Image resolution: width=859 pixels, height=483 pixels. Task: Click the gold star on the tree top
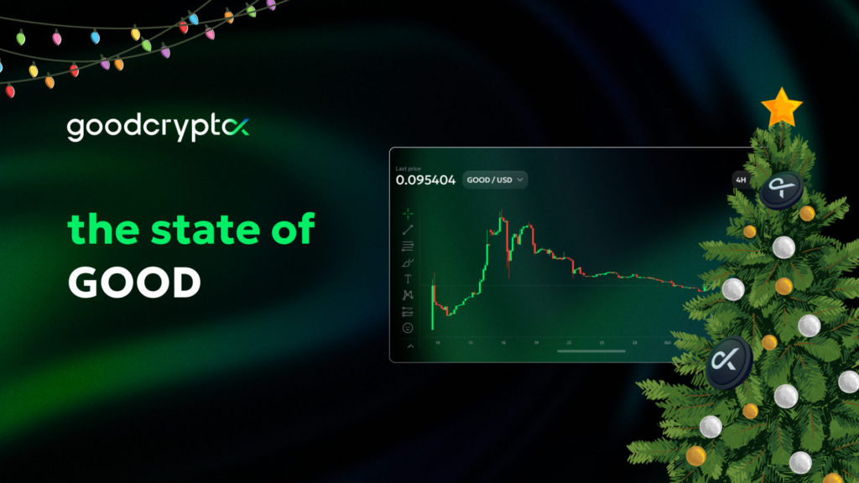point(782,107)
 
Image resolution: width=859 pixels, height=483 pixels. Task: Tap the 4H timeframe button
point(740,179)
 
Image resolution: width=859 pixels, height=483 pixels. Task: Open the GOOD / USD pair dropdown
point(495,179)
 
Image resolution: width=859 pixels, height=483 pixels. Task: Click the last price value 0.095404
point(425,179)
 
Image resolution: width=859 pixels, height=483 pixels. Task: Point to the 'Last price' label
point(408,169)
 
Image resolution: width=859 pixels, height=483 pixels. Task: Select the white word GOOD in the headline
point(134,283)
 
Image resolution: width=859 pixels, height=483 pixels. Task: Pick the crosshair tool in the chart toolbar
point(409,214)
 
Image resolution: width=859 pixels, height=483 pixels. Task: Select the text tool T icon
point(409,278)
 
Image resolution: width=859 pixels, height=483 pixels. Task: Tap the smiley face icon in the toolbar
point(409,327)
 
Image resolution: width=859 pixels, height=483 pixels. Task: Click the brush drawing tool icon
point(409,262)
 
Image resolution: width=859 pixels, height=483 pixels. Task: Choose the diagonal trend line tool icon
point(409,230)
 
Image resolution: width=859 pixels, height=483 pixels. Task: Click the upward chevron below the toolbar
point(409,345)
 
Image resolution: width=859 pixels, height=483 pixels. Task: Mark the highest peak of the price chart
point(502,221)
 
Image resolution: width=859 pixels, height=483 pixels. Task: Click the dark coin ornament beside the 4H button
point(780,190)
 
